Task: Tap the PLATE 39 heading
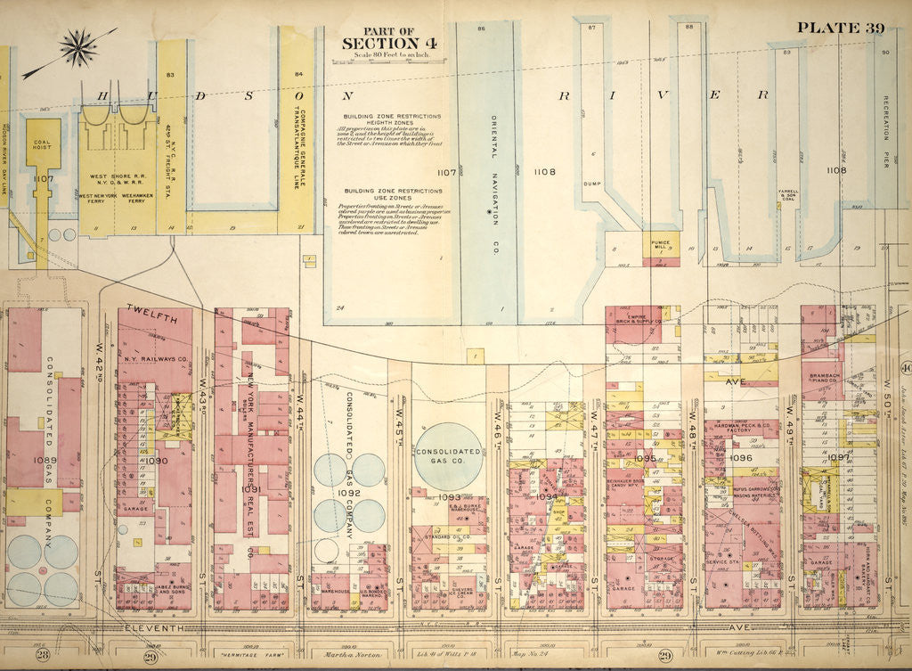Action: tap(840, 27)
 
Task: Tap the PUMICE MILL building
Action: tap(660, 241)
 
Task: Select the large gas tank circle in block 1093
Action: tap(448, 455)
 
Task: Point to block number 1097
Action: tap(839, 457)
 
